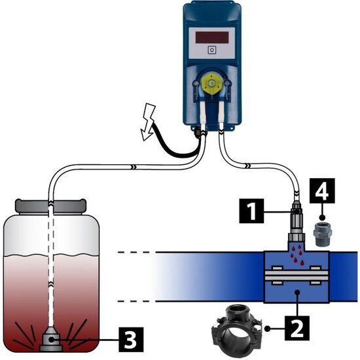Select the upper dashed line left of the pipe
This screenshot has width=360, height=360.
pos(134,252)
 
